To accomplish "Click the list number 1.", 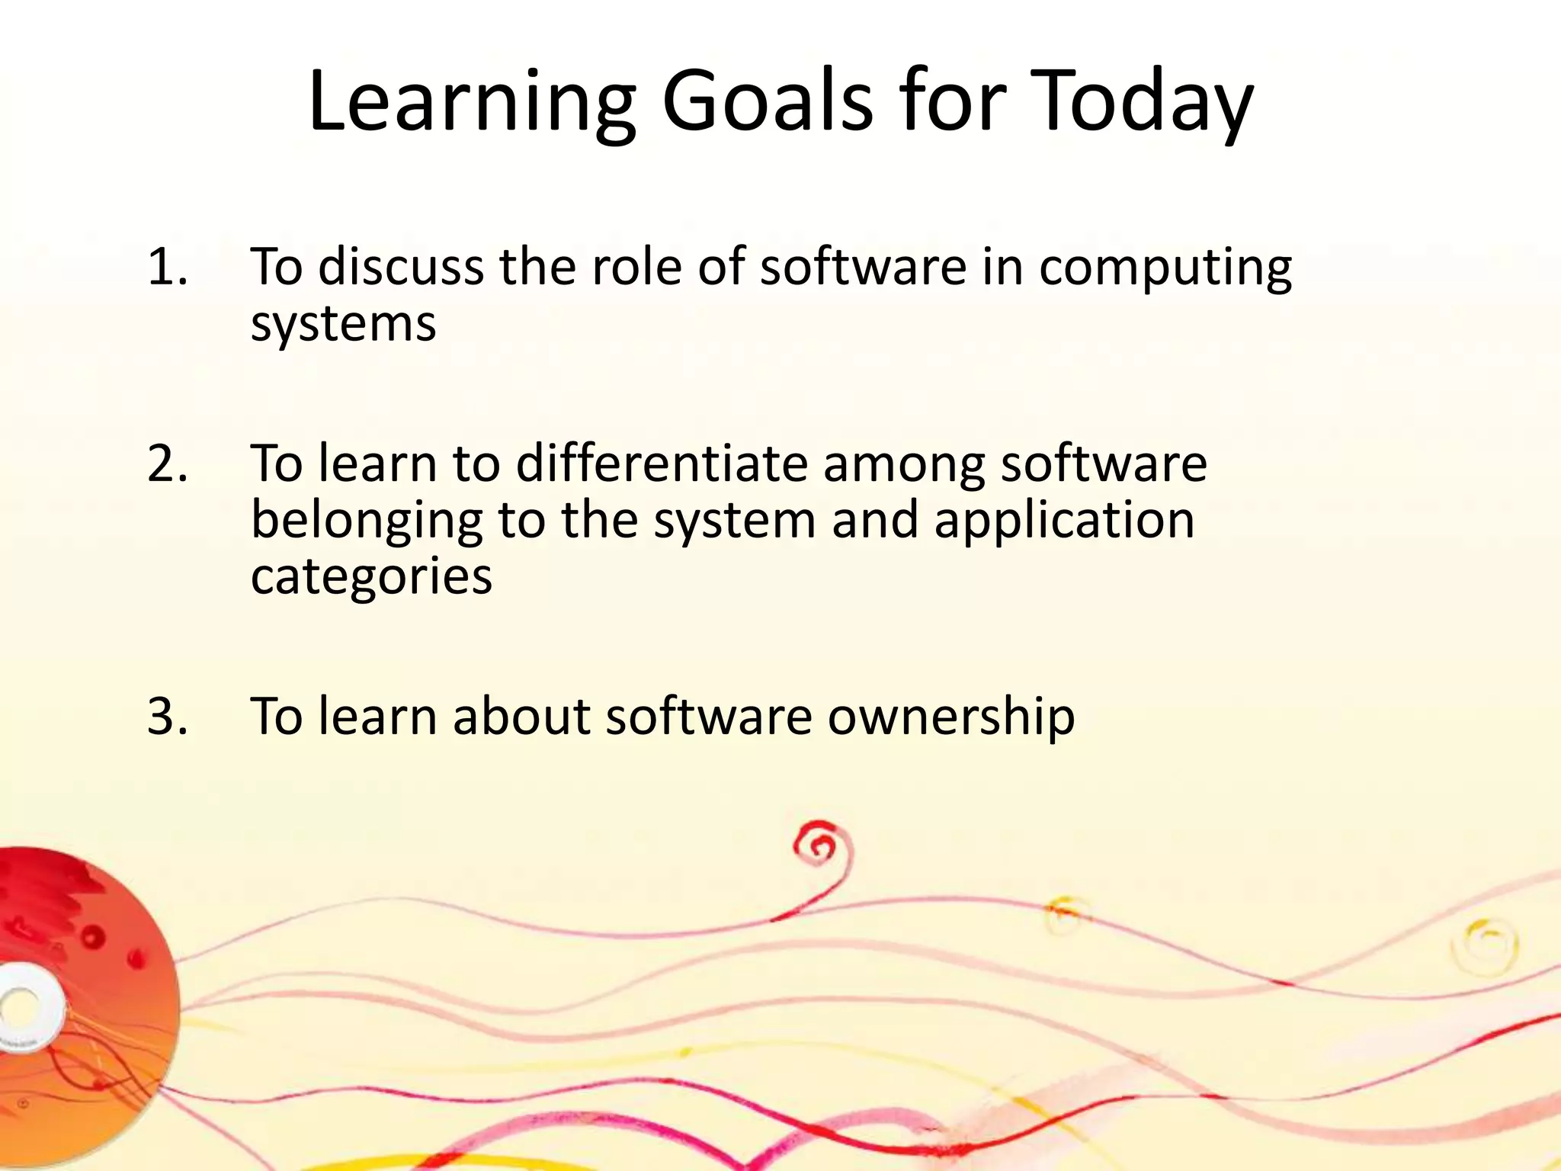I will point(167,267).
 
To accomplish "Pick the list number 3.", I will point(167,716).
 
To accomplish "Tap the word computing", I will point(1165,268).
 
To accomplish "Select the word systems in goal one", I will point(343,324).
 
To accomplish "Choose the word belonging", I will point(367,521).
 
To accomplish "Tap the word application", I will point(1064,521).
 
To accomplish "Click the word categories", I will point(371,577).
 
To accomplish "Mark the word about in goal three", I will point(521,716).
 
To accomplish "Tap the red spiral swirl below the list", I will point(822,846).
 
